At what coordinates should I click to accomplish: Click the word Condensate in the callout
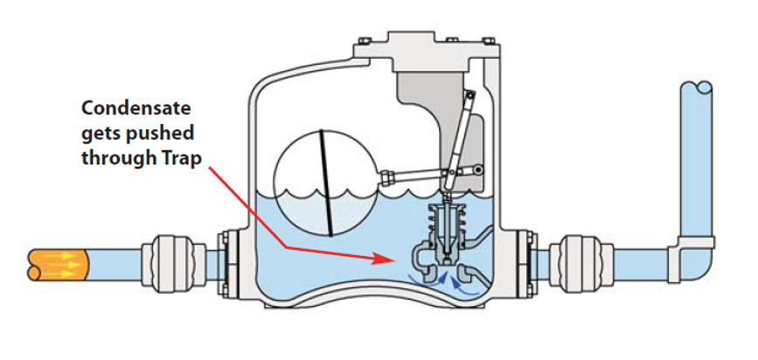[x=136, y=108]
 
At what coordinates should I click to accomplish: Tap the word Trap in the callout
[x=181, y=159]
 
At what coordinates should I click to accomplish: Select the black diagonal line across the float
[x=325, y=182]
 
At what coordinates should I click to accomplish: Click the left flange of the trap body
[x=229, y=261]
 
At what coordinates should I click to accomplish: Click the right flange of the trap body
[x=528, y=261]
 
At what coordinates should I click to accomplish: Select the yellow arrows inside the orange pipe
[x=57, y=260]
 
